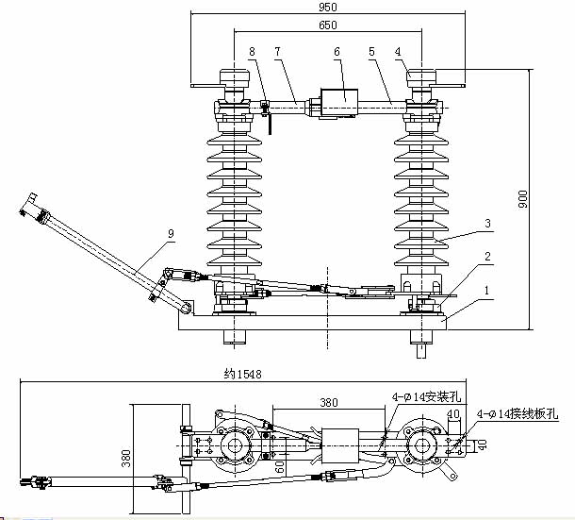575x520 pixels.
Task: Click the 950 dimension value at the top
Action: (327, 7)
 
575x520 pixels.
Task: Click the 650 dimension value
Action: (327, 25)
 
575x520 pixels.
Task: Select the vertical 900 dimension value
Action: (523, 199)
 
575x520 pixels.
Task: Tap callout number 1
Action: (487, 291)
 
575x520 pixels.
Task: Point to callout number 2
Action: (487, 257)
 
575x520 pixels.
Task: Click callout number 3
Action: (487, 224)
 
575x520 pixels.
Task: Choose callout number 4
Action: (398, 52)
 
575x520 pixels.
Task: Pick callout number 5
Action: (371, 52)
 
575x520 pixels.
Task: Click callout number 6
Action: (337, 52)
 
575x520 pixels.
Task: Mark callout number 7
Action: (277, 52)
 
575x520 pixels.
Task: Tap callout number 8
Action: (252, 52)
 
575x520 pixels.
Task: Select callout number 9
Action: (171, 233)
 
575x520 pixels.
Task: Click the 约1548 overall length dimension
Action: (243, 375)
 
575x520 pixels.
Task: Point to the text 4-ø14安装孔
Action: (426, 397)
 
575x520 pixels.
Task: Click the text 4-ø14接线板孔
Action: (517, 414)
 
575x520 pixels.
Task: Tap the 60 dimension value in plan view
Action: (279, 466)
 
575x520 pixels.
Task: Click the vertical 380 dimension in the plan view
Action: (125, 459)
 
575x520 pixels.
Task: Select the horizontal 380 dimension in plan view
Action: (329, 402)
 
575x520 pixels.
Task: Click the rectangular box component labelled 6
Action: (339, 103)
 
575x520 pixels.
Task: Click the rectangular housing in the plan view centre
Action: (340, 445)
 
